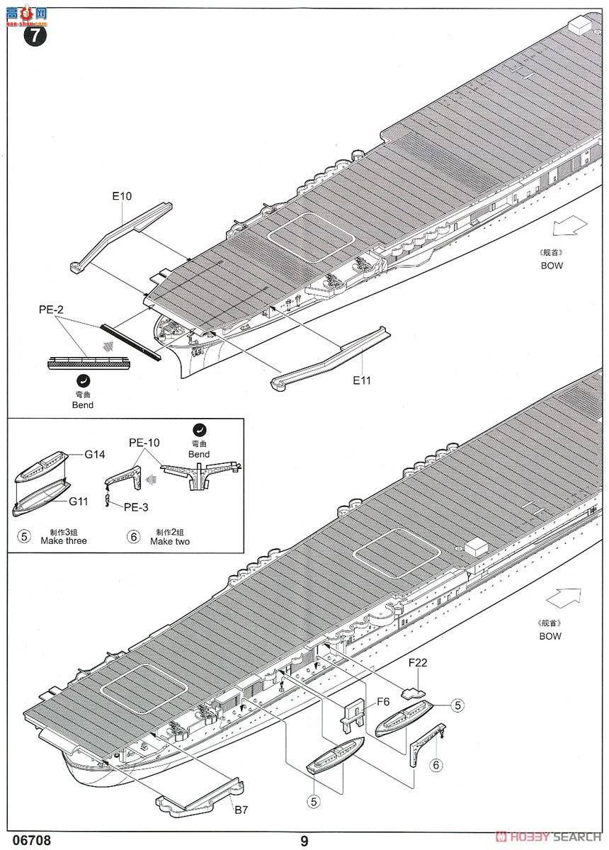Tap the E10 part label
tap(121, 196)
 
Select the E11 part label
tap(363, 380)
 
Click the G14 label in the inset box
tap(95, 455)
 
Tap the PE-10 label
tap(144, 443)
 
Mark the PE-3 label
tap(136, 507)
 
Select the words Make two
tap(170, 541)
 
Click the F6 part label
tap(383, 701)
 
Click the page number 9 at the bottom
tap(304, 841)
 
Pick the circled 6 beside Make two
tap(133, 536)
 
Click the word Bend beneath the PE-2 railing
tap(82, 405)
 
